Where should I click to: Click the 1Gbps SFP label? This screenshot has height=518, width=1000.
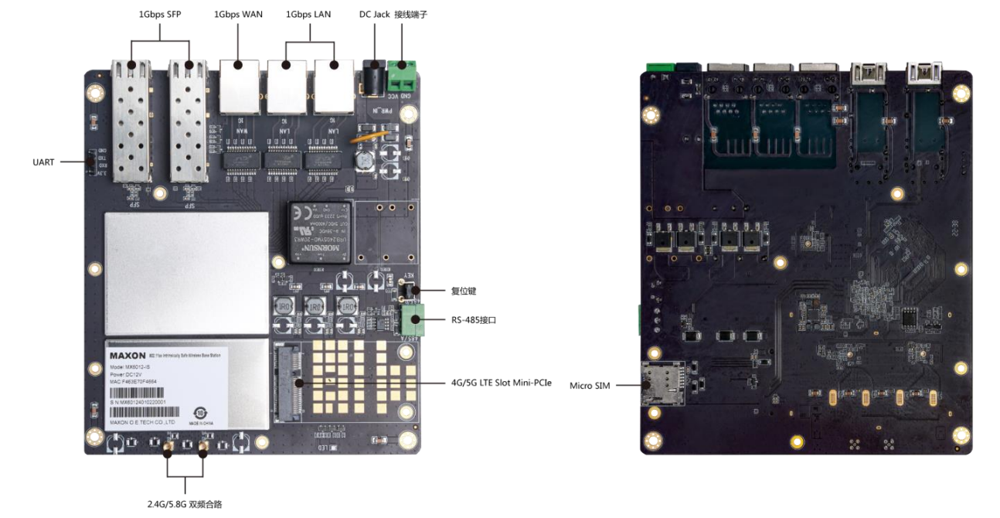(160, 14)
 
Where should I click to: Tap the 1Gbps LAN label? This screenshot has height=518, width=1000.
(308, 14)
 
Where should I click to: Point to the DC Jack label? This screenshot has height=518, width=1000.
(374, 14)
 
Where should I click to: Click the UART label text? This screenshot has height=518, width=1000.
(43, 162)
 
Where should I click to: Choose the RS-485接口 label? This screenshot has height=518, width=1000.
(473, 319)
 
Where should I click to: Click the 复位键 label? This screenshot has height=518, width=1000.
(464, 291)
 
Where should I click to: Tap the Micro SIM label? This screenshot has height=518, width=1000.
(590, 385)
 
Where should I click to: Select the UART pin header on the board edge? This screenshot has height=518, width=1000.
(90, 162)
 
